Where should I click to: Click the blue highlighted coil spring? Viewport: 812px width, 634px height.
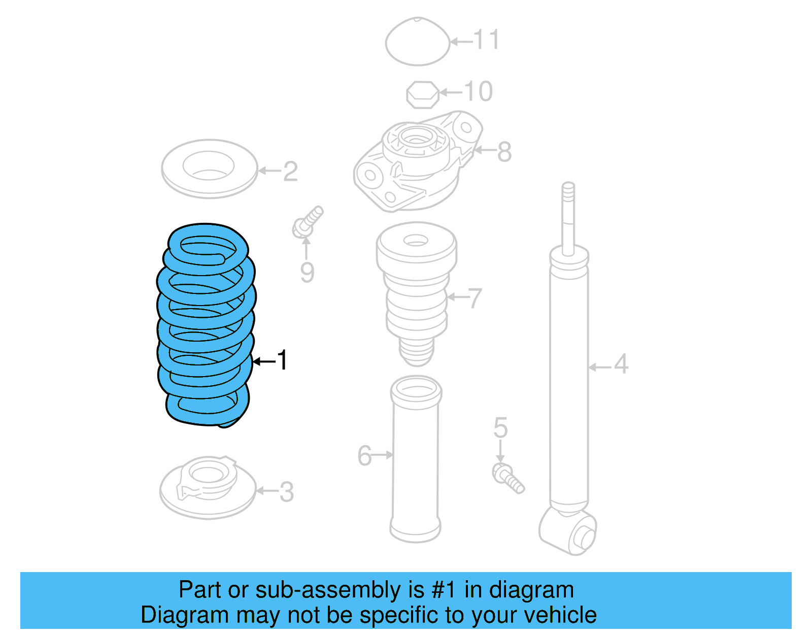206,325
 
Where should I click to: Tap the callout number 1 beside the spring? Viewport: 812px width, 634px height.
283,360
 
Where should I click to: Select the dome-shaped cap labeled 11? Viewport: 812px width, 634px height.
417,42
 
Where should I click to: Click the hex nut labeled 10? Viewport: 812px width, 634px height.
422,94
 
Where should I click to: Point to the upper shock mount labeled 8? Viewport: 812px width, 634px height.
416,162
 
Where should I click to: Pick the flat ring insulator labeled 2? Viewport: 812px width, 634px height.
209,169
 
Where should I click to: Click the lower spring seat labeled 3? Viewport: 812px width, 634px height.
207,488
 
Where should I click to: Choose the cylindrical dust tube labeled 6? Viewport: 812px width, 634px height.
416,459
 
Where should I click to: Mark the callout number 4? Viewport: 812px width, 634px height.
621,364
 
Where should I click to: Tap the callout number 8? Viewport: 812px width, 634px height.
504,152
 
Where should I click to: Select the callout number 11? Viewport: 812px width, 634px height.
487,40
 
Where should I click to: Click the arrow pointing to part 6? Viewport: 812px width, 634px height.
383,455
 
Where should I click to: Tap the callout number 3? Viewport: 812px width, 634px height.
287,492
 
